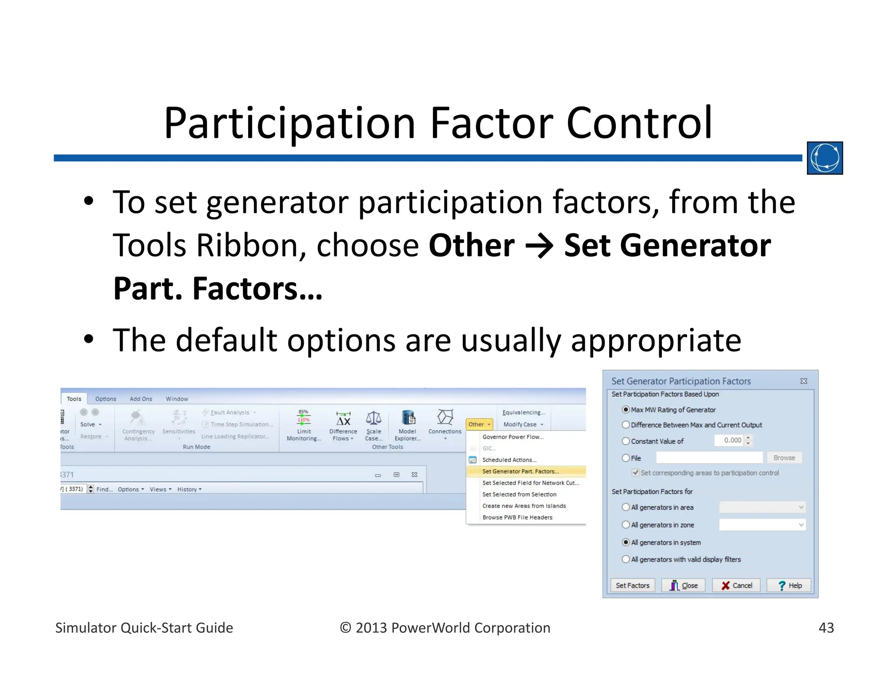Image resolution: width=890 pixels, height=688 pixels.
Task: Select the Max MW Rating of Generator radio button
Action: pyautogui.click(x=626, y=410)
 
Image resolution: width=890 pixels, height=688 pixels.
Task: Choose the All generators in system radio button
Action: pyautogui.click(x=626, y=542)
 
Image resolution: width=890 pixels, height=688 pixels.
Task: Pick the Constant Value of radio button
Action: pyautogui.click(x=626, y=441)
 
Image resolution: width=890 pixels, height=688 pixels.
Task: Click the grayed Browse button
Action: pyautogui.click(x=784, y=458)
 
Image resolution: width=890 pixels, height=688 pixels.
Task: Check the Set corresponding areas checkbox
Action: pyautogui.click(x=636, y=473)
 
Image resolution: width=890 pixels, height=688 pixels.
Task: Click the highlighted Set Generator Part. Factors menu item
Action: pyautogui.click(x=521, y=471)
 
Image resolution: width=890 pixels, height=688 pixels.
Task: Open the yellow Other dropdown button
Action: pyautogui.click(x=479, y=424)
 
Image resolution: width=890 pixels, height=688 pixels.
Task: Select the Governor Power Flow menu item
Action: pyautogui.click(x=513, y=437)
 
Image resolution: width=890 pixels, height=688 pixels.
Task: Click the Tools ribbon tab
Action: pyautogui.click(x=74, y=399)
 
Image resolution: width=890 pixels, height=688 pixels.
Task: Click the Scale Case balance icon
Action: pyautogui.click(x=373, y=418)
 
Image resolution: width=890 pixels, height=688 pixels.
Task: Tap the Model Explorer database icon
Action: pyautogui.click(x=408, y=418)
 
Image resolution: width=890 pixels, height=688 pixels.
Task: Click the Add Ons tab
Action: pyautogui.click(x=141, y=399)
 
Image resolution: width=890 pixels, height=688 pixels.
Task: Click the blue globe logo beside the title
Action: pyautogui.click(x=824, y=158)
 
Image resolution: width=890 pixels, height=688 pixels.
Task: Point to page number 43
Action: pyautogui.click(x=826, y=628)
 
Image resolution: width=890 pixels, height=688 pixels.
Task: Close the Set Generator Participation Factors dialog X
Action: pyautogui.click(x=804, y=381)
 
